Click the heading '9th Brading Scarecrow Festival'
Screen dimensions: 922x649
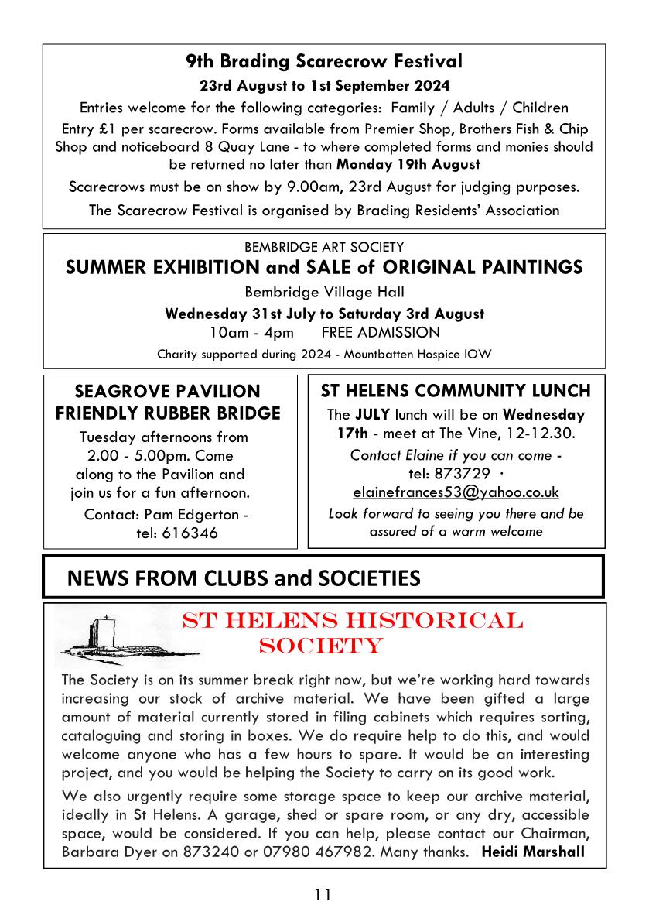tap(324, 61)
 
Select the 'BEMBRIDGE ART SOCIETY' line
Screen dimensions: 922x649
tap(324, 248)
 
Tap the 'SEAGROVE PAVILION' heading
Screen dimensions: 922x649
tap(167, 392)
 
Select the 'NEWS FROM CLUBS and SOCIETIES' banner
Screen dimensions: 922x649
tap(244, 578)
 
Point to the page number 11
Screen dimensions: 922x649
tap(323, 895)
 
